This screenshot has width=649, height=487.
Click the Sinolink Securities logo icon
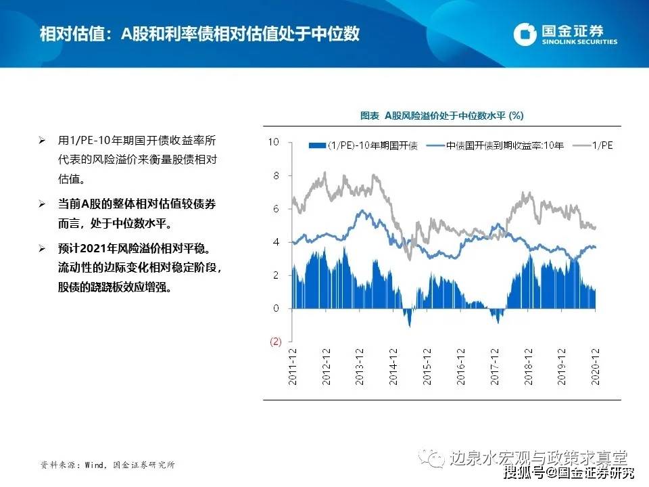coord(525,34)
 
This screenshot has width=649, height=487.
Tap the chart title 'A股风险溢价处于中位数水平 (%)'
coord(454,116)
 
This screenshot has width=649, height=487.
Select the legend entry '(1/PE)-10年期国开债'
coord(363,145)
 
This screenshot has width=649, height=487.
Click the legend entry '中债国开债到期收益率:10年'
coord(495,145)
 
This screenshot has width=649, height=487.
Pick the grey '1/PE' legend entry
coord(593,145)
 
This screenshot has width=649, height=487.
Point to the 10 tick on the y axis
coord(274,142)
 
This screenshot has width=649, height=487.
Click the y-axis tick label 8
coord(276,176)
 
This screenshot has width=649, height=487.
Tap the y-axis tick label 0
coord(276,308)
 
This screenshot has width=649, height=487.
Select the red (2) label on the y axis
coord(276,342)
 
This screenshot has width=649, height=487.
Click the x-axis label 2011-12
coord(293,367)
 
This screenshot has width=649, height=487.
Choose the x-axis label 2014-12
coord(393,367)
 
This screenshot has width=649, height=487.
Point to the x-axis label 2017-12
coord(495,367)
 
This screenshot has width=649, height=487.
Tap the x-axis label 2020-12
coord(595,367)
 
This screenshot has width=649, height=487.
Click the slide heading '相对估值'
coord(72,34)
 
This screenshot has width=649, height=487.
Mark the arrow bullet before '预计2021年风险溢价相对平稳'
coord(42,248)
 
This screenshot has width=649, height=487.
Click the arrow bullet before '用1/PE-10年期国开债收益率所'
coord(42,141)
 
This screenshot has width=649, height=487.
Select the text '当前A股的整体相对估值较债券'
coord(137,204)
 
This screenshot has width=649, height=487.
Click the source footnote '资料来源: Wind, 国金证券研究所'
coord(107,465)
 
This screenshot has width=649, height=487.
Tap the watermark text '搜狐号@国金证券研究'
coord(569,473)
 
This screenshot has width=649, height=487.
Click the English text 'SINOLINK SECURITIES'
coord(579,41)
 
